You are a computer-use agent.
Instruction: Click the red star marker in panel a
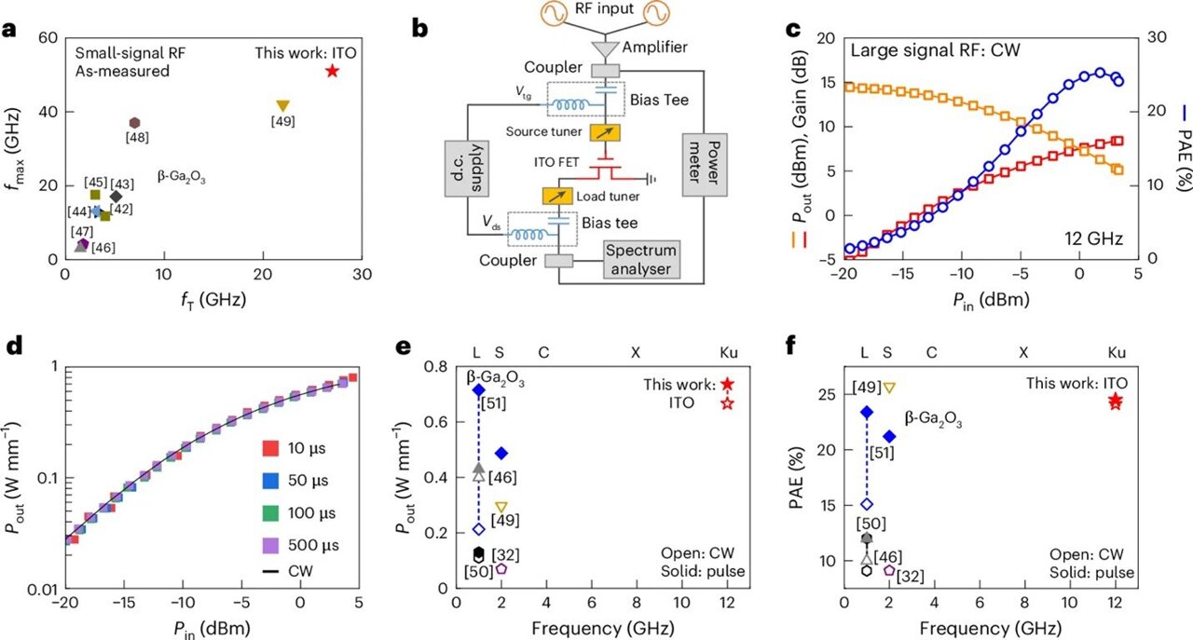(x=333, y=72)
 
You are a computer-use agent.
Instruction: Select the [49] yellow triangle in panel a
(x=283, y=106)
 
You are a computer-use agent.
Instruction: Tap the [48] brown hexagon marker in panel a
(x=134, y=123)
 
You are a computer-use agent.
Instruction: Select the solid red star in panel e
(x=727, y=384)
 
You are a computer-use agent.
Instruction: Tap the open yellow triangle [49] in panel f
(x=888, y=388)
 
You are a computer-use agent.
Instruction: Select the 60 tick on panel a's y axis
(x=47, y=38)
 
